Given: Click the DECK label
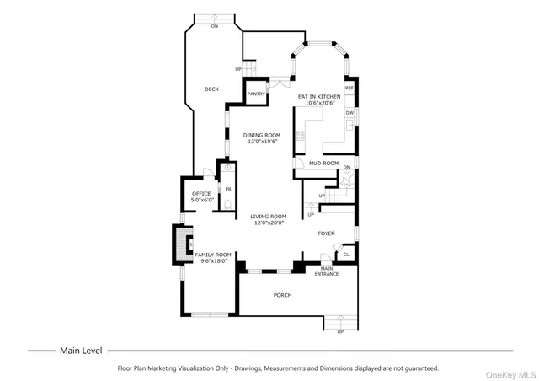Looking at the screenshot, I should pyautogui.click(x=212, y=89).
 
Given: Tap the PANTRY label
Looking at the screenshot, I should pyautogui.click(x=257, y=94).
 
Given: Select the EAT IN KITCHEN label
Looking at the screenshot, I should pyautogui.click(x=317, y=96).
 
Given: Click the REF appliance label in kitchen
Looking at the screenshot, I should pyautogui.click(x=349, y=88).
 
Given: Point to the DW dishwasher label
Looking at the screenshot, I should pyautogui.click(x=349, y=112).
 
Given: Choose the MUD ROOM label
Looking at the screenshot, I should pyautogui.click(x=323, y=163).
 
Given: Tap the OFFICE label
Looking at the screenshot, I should pyautogui.click(x=201, y=194).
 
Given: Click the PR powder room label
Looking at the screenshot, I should pyautogui.click(x=227, y=189).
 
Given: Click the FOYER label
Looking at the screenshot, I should pyautogui.click(x=327, y=233).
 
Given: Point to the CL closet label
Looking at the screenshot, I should pyautogui.click(x=345, y=254).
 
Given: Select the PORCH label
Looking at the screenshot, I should pyautogui.click(x=282, y=295).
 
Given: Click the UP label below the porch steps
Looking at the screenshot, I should pyautogui.click(x=340, y=331).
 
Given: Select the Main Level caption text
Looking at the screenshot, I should pyautogui.click(x=81, y=350).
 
